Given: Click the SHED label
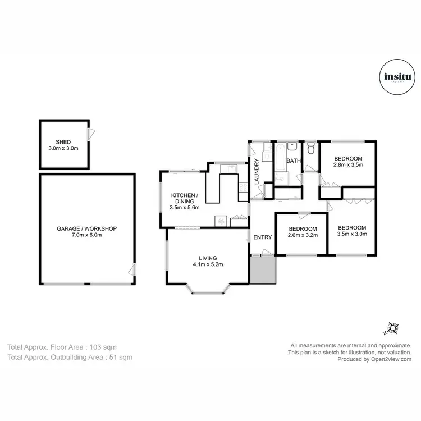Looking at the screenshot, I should coord(63,141).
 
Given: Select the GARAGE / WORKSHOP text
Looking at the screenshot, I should coord(86,228).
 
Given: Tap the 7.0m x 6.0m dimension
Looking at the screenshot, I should coord(86,235).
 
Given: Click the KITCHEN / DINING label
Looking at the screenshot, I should coord(185,198).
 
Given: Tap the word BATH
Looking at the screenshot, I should coord(294,161).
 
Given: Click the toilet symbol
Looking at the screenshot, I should coord(310,150).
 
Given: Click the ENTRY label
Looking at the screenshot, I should coord(262,237).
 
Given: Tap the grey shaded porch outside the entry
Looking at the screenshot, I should coord(262,270).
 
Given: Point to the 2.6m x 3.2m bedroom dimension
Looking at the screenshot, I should coord(303,236).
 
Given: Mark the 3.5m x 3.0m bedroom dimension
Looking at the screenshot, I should coord(352,234).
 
